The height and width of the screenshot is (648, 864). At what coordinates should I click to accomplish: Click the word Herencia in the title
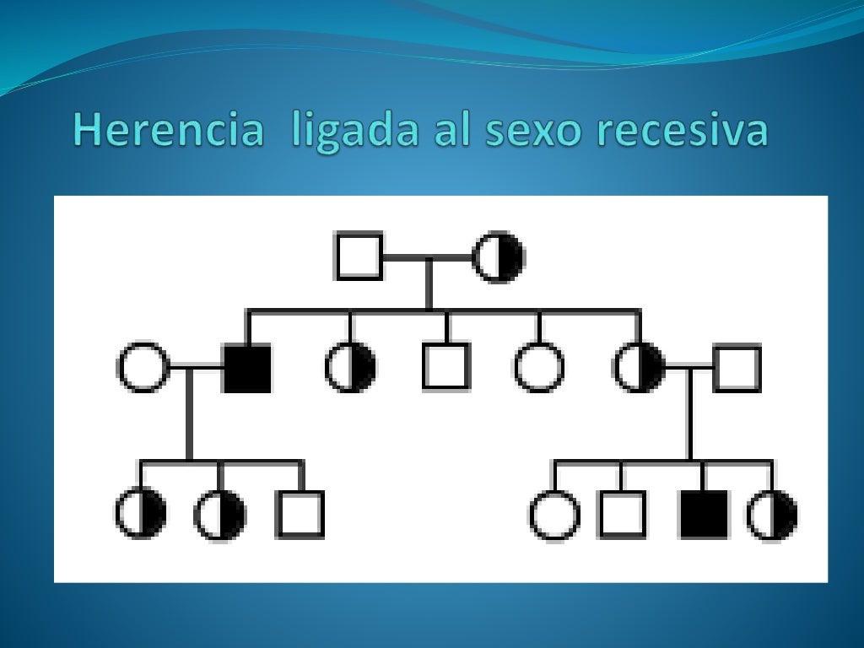point(167,131)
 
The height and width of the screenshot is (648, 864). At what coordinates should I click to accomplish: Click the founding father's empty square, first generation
point(359,256)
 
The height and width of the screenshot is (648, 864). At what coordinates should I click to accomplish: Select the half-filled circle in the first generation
point(499,256)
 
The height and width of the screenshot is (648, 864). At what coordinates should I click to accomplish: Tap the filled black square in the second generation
point(247,369)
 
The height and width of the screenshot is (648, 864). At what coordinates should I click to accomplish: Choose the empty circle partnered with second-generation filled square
point(143,369)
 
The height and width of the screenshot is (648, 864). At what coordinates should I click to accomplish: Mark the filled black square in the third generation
point(704,514)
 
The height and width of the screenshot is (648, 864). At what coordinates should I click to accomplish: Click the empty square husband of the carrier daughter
point(737,369)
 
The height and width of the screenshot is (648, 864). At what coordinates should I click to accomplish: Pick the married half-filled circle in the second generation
point(639,369)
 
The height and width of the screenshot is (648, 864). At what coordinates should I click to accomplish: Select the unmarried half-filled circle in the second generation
point(351,369)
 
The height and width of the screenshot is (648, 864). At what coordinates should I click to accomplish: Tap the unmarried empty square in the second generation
point(446,367)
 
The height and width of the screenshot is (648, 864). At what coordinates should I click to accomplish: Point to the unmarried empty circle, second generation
point(539,369)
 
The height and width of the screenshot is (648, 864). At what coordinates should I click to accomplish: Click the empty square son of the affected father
point(300,514)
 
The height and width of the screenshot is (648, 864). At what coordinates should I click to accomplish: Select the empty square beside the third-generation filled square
point(622,514)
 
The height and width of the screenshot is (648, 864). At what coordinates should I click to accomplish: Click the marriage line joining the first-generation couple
point(428,256)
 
